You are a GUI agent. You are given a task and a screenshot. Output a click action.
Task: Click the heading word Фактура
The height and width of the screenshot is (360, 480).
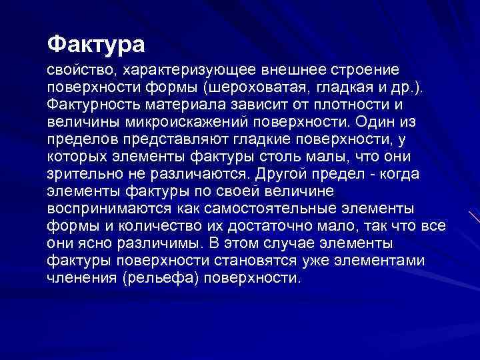pyautogui.click(x=95, y=45)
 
